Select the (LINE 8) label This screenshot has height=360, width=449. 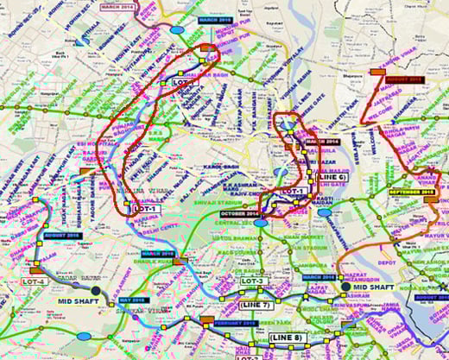click(287, 337)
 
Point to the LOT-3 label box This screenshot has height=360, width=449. click(251, 281)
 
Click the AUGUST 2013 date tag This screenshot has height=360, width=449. click(404, 79)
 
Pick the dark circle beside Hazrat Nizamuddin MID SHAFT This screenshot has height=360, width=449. click(346, 287)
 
